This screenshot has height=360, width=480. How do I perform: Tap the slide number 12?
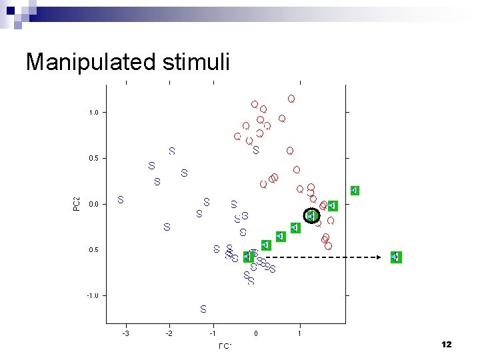coord(446,344)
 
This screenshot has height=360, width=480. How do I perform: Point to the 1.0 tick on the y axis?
coord(94,113)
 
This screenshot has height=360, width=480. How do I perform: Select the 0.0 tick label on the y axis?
coord(94,204)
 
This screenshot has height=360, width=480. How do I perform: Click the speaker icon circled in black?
coord(311,216)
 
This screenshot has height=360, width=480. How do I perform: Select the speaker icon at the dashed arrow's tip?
coord(396,257)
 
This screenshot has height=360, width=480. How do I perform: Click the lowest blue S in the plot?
coord(203,309)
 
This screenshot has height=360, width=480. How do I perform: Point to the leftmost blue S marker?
coord(121,199)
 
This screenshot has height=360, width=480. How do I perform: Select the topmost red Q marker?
coord(291,99)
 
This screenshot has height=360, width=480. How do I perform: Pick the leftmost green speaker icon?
coord(249,257)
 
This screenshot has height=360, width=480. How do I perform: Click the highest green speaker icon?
coord(355,190)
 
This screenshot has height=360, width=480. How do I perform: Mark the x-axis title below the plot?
coord(225,345)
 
